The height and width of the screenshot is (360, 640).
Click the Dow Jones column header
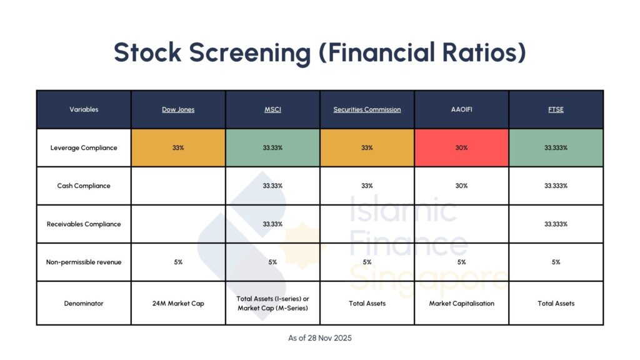[178, 109]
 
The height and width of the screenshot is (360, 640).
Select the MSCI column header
[272, 109]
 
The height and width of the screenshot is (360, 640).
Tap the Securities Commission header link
[367, 109]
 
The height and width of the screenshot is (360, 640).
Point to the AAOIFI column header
[461, 109]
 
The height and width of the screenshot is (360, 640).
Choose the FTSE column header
[556, 109]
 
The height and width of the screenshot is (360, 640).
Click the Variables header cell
[84, 109]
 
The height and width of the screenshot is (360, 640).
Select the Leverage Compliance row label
[84, 148]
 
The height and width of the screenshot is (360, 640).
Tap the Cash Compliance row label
[84, 186]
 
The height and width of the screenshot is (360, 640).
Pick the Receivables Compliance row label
[84, 224]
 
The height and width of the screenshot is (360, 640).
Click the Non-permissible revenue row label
[84, 262]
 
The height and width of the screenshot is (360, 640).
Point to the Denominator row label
[84, 303]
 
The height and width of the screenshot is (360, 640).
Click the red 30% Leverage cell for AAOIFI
[461, 148]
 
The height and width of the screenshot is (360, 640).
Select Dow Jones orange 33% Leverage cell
[178, 148]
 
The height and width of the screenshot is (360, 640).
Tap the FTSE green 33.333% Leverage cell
[556, 148]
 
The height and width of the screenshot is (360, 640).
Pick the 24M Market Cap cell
[178, 303]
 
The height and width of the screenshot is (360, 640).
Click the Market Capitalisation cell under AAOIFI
[461, 303]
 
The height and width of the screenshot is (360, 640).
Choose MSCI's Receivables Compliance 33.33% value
[272, 224]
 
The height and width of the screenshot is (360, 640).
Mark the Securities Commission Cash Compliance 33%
[367, 186]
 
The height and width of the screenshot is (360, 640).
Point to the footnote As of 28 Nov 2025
[320, 338]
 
